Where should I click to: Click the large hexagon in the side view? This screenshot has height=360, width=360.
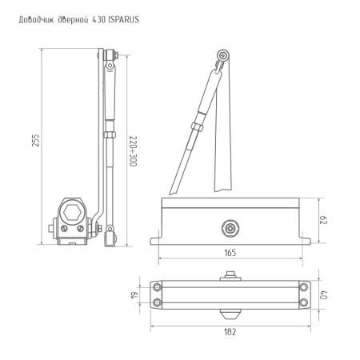(x=71, y=213)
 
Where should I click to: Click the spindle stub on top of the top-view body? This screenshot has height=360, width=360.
(x=231, y=276)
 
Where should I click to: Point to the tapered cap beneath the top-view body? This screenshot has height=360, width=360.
(x=231, y=310)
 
